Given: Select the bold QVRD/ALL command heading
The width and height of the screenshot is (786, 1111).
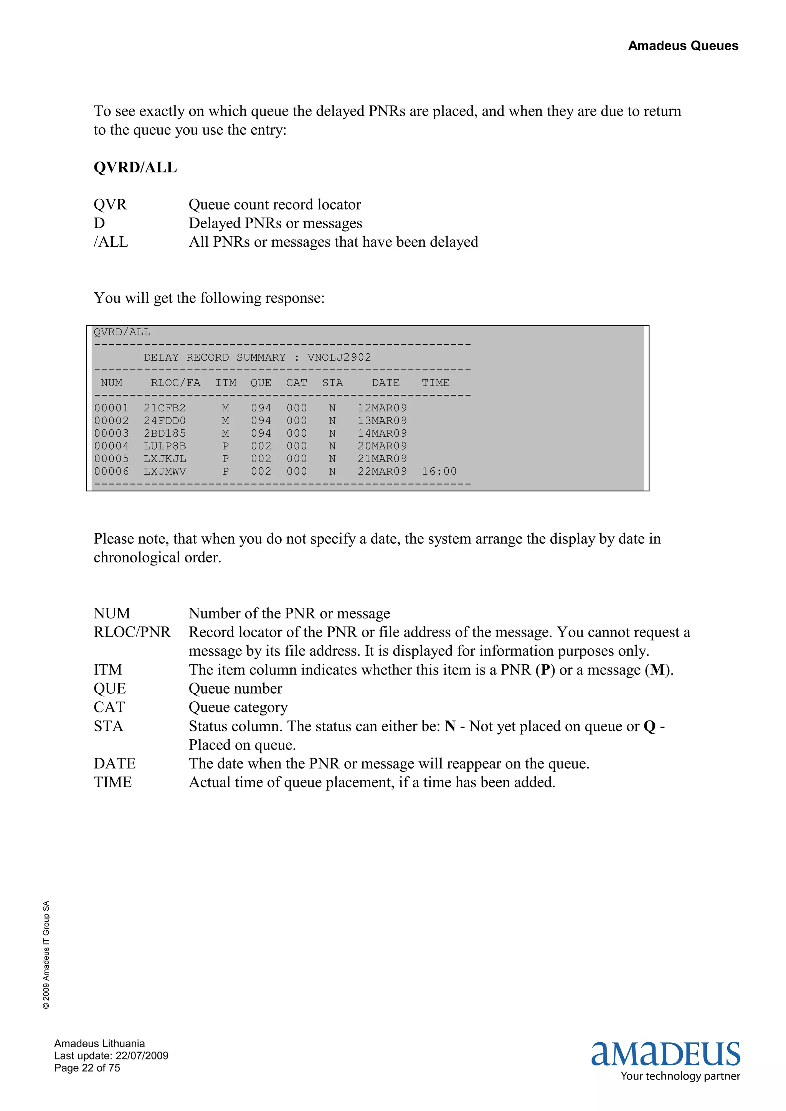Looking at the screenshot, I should click(135, 167).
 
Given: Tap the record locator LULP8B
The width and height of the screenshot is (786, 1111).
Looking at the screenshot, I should click(165, 446).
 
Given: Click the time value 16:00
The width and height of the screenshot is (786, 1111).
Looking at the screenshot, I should click(439, 471).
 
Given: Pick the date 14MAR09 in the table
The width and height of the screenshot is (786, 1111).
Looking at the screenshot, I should click(382, 434).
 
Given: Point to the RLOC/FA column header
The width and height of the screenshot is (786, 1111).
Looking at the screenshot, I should click(175, 383).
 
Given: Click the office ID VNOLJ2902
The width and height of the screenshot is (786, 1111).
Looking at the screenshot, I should click(339, 358).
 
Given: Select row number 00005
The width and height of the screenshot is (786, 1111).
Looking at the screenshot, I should click(111, 459).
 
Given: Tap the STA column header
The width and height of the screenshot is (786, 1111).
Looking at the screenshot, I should click(332, 383).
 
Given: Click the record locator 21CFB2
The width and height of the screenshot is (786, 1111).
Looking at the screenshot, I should click(165, 409).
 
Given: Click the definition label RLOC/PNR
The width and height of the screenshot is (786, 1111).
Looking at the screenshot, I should click(132, 633).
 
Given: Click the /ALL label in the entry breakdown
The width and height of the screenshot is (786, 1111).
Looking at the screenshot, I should click(111, 242).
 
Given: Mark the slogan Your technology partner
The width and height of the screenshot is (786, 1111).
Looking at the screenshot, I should click(680, 1076).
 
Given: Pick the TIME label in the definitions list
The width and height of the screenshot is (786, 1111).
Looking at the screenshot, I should click(112, 783).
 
